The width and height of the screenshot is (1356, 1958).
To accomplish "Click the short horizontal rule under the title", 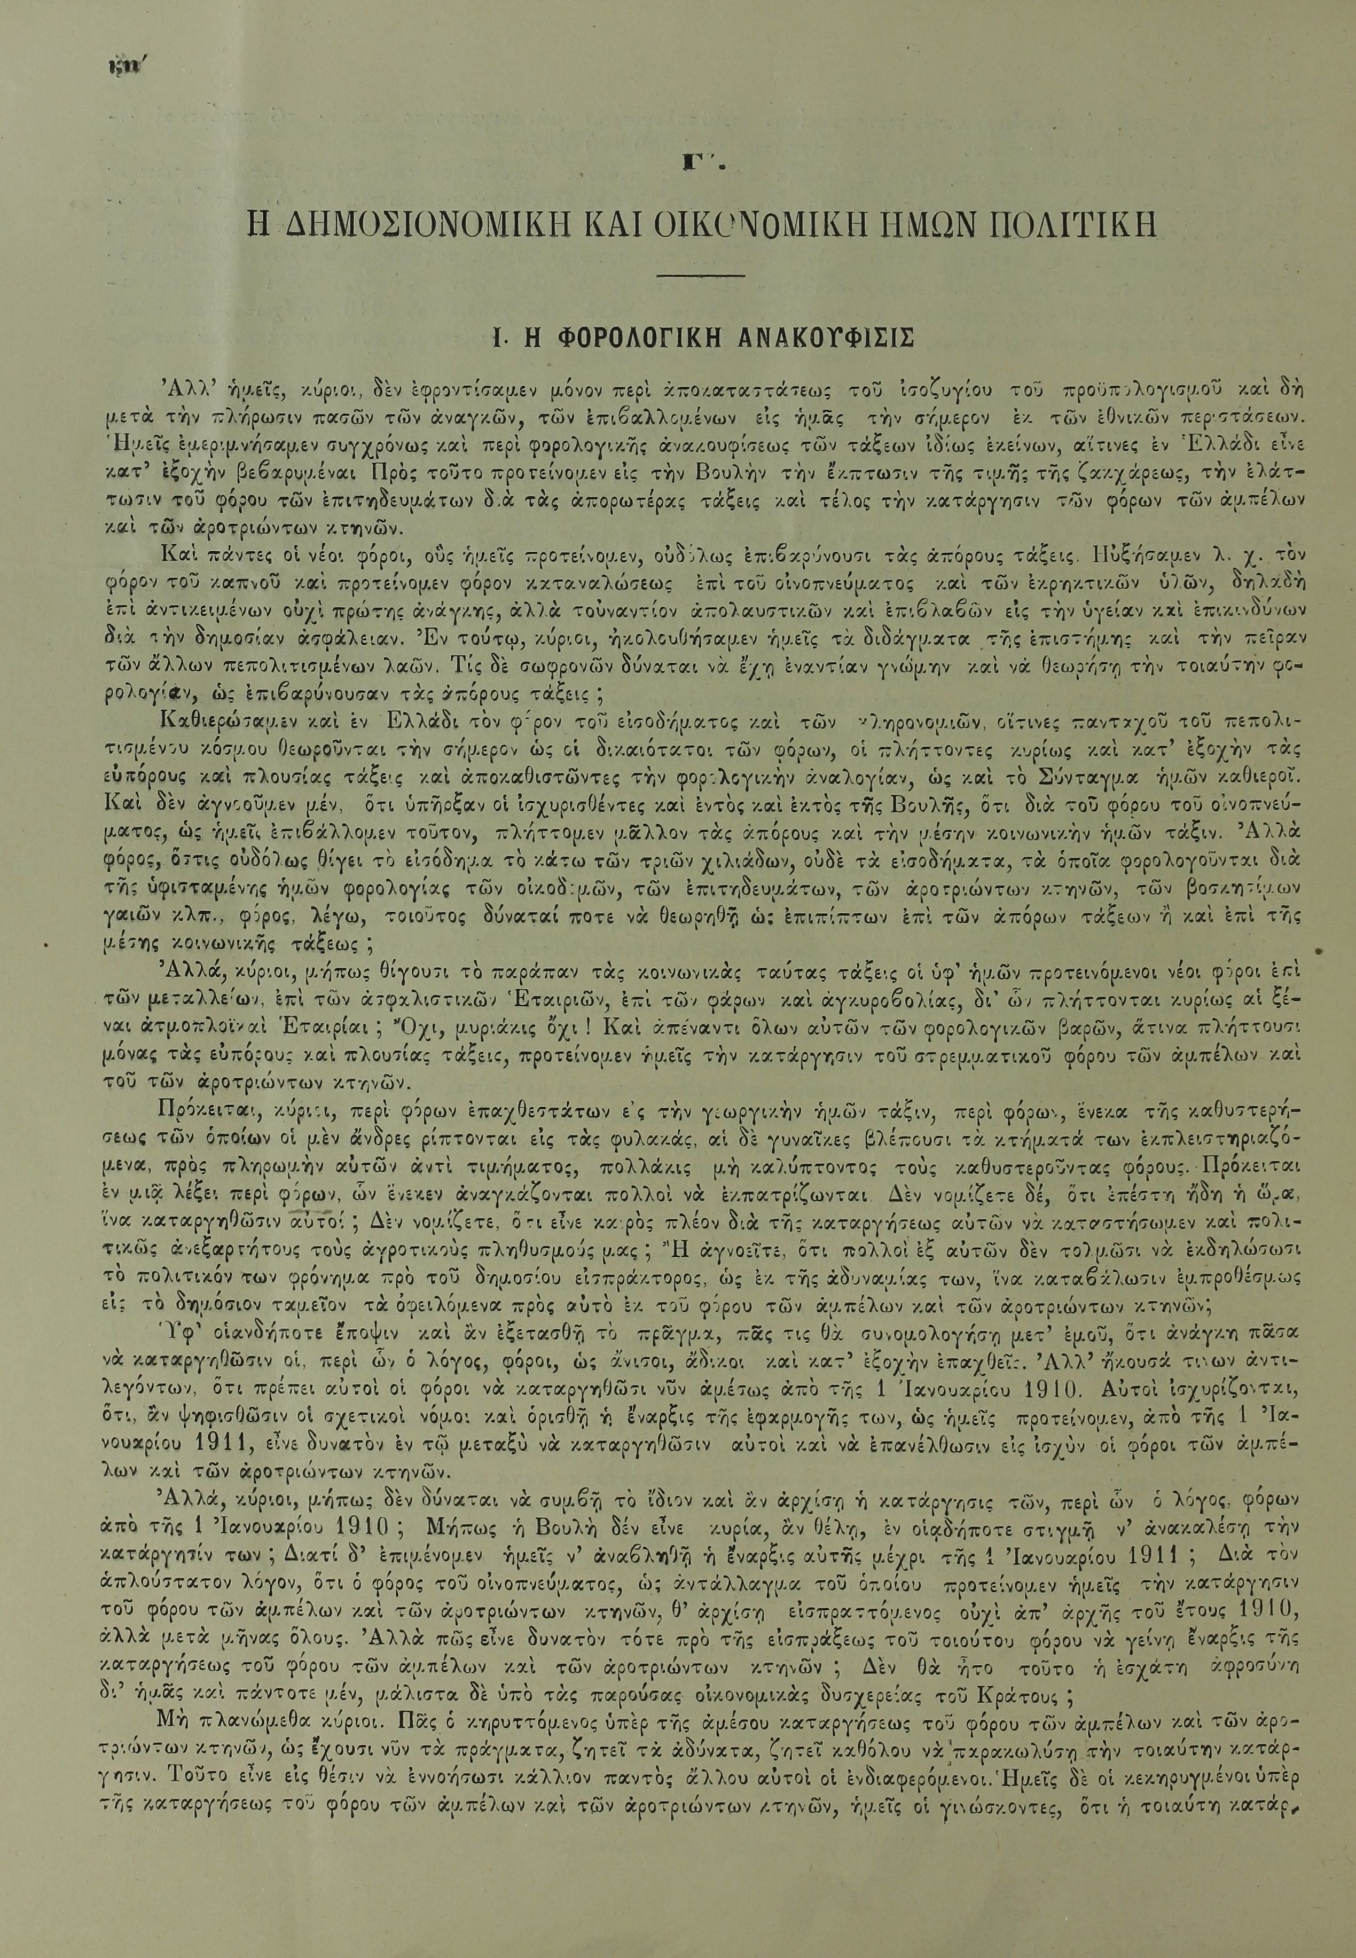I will pyautogui.click(x=702, y=275).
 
